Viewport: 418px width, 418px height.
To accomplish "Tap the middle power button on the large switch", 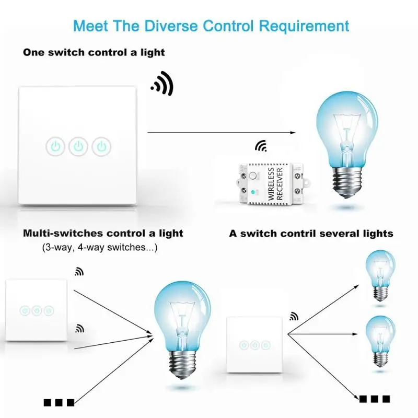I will tap(78, 146).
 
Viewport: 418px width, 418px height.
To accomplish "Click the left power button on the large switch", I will tap(55, 146).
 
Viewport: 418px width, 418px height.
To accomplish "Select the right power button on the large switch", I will tap(102, 146).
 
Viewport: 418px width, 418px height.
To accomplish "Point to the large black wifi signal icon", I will tap(163, 85).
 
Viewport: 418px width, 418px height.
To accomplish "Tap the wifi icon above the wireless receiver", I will tap(260, 146).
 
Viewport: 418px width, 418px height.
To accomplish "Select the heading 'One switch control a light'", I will tap(94, 52).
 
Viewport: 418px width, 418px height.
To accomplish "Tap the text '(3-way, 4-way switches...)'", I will tap(99, 248).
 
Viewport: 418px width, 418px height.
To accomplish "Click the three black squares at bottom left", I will tap(59, 402).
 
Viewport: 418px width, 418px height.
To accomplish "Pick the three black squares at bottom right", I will tap(375, 399).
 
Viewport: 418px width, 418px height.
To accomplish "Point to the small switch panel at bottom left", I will tap(37, 310).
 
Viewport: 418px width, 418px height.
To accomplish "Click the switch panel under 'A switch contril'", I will tap(254, 345).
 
